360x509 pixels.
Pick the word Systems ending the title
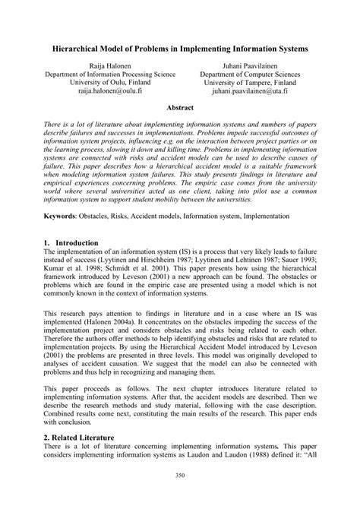coord(295,49)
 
